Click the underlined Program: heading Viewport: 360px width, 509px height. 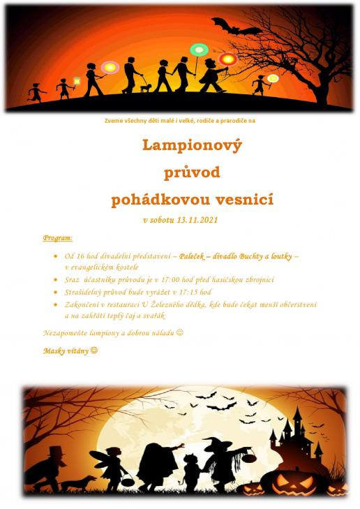tap(57, 238)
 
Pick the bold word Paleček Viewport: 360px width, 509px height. tap(198, 256)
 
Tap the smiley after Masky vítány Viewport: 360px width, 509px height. tap(94, 350)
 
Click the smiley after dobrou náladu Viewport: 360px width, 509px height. tap(179, 332)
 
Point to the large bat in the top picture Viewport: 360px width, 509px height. tap(234, 26)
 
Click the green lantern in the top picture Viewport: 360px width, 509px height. tap(199, 50)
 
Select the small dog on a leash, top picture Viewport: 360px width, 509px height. tap(145, 88)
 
